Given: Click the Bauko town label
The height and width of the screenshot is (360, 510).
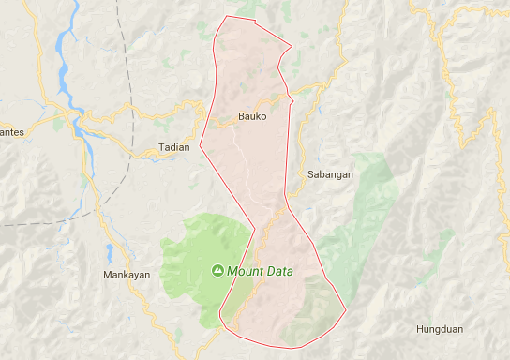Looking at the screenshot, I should pos(251,117).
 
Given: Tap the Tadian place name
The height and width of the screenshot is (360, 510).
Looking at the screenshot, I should pos(173,148).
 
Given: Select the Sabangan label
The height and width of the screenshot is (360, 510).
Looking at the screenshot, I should pos(329,174).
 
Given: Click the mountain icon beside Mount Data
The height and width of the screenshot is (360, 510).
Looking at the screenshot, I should pos(217,272).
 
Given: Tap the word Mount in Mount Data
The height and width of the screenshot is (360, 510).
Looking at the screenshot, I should pos(244,272).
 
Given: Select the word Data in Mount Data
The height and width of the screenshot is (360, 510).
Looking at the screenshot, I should pos(278,272).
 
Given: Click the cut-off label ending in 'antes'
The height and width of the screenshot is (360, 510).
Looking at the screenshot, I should pos(11,132).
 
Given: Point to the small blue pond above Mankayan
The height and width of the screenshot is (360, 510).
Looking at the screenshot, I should pos(111,252).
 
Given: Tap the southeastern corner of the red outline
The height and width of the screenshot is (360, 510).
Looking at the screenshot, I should pos(345,310).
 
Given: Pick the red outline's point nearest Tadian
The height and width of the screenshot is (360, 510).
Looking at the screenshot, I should pos(200,145).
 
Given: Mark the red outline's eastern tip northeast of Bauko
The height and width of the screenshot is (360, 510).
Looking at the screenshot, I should pos(292,47).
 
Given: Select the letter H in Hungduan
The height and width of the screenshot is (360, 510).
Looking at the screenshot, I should pos(421,329).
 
